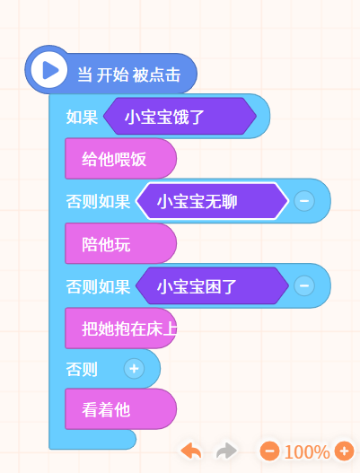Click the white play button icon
point(48,70)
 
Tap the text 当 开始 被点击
point(129,74)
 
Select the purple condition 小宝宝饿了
point(180,116)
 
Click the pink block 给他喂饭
point(120,159)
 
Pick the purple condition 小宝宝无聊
point(212,201)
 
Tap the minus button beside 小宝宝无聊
point(304,201)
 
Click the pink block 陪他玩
point(120,243)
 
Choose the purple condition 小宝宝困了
point(212,285)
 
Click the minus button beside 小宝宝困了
point(304,285)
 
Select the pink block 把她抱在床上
point(120,328)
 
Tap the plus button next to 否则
point(134,369)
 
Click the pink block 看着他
point(120,409)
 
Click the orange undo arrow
point(191,451)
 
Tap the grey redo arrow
point(226,451)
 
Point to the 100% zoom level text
point(307,451)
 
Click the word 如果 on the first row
point(82,117)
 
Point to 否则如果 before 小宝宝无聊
point(98,202)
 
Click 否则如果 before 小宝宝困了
point(98,286)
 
